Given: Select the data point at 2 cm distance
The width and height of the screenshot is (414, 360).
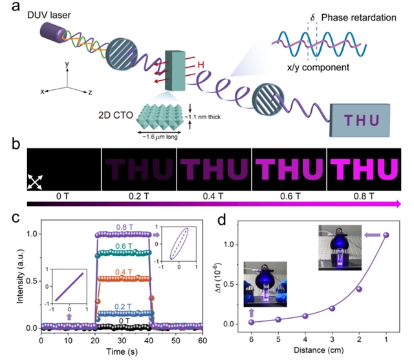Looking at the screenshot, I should point(359,289).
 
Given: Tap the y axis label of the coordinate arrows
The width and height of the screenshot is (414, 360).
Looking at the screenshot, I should point(67,64).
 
